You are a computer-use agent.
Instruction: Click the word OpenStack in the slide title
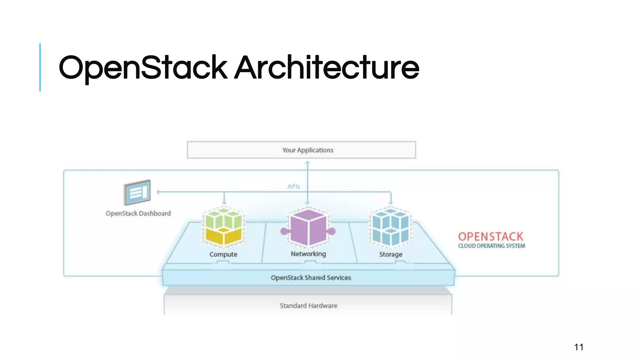click(x=143, y=67)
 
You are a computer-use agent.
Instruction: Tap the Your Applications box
click(x=301, y=150)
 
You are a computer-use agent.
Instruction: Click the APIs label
click(x=293, y=187)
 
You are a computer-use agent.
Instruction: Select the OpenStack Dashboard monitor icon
click(x=137, y=192)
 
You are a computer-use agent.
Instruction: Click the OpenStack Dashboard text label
click(x=138, y=213)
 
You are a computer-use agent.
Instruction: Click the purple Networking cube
click(x=308, y=227)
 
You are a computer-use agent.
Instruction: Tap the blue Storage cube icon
click(x=390, y=227)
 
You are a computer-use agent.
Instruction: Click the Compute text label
click(x=223, y=254)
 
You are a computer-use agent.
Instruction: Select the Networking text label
click(x=308, y=254)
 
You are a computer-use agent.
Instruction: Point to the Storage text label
click(x=391, y=254)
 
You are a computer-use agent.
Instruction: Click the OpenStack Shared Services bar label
click(x=311, y=277)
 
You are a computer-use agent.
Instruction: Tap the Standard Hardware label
click(x=308, y=306)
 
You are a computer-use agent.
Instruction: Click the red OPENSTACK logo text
click(x=490, y=237)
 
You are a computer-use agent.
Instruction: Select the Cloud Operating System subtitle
click(x=491, y=246)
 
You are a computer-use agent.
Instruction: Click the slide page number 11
click(x=578, y=347)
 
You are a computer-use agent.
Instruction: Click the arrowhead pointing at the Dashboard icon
click(x=158, y=192)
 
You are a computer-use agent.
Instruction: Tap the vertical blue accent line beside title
click(x=40, y=67)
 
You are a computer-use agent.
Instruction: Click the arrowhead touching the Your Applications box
click(x=307, y=163)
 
